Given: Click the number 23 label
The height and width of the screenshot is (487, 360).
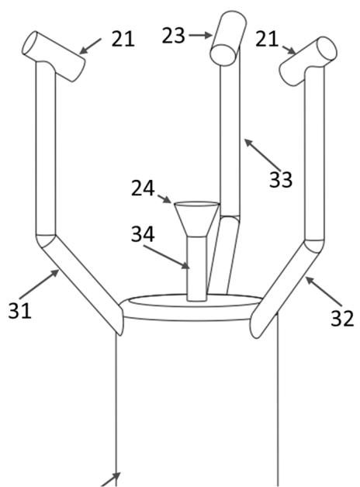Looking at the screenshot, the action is tap(173, 36).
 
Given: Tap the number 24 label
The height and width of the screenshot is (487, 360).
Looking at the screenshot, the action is tap(143, 188).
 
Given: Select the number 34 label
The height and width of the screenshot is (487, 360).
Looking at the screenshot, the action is tap(143, 234).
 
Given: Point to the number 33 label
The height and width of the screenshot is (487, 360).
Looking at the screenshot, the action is tap(281, 179).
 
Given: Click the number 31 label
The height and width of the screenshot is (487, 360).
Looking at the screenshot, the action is tap(20, 310).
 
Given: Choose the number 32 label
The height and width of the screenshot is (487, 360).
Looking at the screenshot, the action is tap(342, 319).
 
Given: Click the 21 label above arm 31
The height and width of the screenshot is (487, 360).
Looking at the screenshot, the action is tap(123, 39).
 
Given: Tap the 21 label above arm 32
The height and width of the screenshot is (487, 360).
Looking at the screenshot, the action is tap(266, 39).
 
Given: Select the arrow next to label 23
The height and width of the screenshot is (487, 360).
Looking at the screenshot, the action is tap(200, 36).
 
